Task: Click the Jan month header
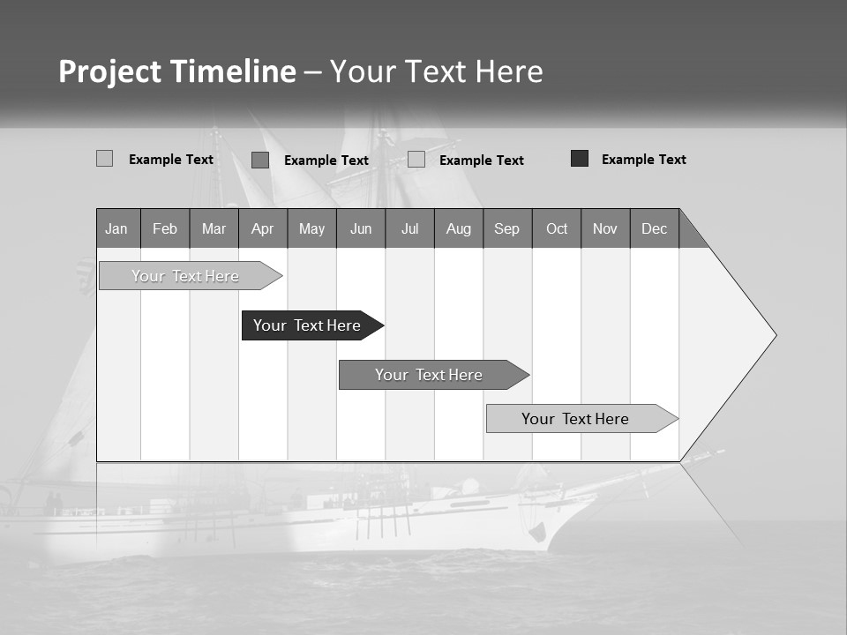pos(116,228)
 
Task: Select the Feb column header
pos(165,228)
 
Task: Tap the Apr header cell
pos(262,228)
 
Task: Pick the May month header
pos(311,228)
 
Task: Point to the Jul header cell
pos(409,228)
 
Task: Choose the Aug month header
pos(459,228)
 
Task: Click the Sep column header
pos(507,228)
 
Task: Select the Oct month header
pos(557,228)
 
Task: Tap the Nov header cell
pos(605,228)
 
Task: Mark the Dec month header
pos(655,228)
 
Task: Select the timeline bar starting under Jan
pos(185,276)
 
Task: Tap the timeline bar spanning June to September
pos(429,375)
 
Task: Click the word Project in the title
pos(110,71)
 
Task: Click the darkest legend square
pos(580,159)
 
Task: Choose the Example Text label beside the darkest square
pos(644,160)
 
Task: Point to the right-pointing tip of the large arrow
pos(775,335)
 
